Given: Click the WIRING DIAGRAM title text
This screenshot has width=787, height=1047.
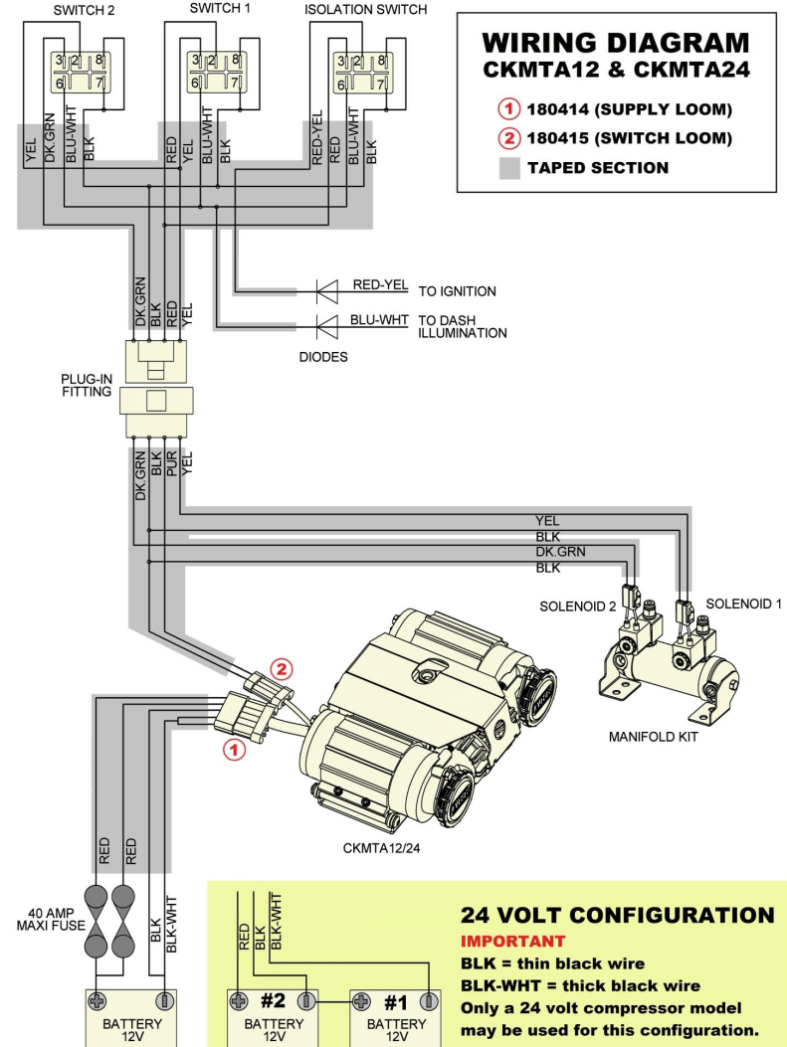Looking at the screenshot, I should [615, 43].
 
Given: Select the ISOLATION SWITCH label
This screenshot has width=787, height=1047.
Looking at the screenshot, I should [365, 9].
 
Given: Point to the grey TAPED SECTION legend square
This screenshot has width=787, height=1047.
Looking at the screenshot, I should [509, 167].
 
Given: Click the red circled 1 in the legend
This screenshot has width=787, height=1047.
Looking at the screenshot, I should [509, 108].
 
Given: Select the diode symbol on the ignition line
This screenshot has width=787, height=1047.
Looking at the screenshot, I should [327, 291].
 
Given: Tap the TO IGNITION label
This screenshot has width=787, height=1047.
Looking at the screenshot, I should [457, 291].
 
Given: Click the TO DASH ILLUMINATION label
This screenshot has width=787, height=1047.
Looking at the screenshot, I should [462, 327].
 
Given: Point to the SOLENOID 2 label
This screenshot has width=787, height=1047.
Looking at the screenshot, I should [577, 607].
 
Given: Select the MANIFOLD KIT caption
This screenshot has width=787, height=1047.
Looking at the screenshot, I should [654, 738].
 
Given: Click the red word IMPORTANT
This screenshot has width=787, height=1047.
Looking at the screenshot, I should [512, 941].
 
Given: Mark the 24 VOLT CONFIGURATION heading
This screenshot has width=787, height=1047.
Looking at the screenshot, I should [617, 915].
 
